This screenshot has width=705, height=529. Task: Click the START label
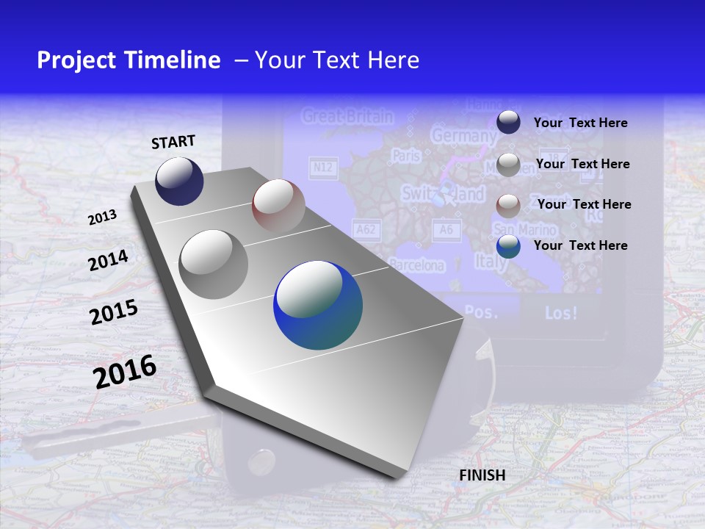(x=173, y=141)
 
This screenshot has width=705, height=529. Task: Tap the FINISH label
(x=482, y=475)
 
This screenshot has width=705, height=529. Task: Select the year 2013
(x=102, y=217)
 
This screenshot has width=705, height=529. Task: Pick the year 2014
(x=109, y=261)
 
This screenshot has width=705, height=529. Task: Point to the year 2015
(x=114, y=312)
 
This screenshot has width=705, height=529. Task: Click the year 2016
(x=126, y=371)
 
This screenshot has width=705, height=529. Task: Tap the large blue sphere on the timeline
(x=318, y=305)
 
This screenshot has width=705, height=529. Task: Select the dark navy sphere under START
(x=179, y=181)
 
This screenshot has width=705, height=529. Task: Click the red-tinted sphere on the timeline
(x=278, y=206)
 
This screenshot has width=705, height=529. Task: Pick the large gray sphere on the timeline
(x=214, y=264)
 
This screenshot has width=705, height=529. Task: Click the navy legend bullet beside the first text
(x=508, y=122)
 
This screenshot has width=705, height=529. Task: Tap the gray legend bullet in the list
(x=508, y=165)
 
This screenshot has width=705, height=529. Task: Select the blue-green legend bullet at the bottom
(x=508, y=246)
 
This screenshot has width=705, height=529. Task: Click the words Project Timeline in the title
(x=129, y=60)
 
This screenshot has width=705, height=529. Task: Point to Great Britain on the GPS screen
(x=347, y=116)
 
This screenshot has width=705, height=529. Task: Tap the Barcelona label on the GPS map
(x=416, y=265)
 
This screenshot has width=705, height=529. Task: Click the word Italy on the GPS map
(x=490, y=261)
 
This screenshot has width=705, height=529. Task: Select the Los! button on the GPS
(x=561, y=312)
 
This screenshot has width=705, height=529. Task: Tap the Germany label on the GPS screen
(x=463, y=136)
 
